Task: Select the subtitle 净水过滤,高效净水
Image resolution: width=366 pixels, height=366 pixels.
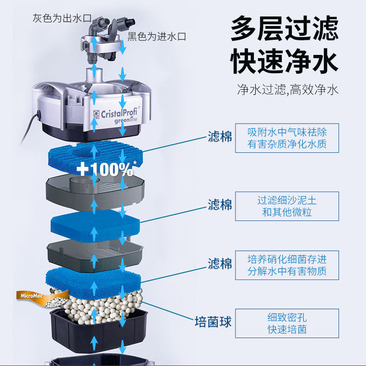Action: coord(288,89)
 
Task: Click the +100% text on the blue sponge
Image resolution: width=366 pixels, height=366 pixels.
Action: coord(105,169)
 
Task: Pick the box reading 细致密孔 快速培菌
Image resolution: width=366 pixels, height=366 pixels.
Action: coord(287,323)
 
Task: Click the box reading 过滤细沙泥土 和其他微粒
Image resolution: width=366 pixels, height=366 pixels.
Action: coord(287,206)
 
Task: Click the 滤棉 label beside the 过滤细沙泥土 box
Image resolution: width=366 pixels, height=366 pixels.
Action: coord(220,205)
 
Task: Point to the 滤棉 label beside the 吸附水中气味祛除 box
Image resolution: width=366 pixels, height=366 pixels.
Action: coord(220,137)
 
